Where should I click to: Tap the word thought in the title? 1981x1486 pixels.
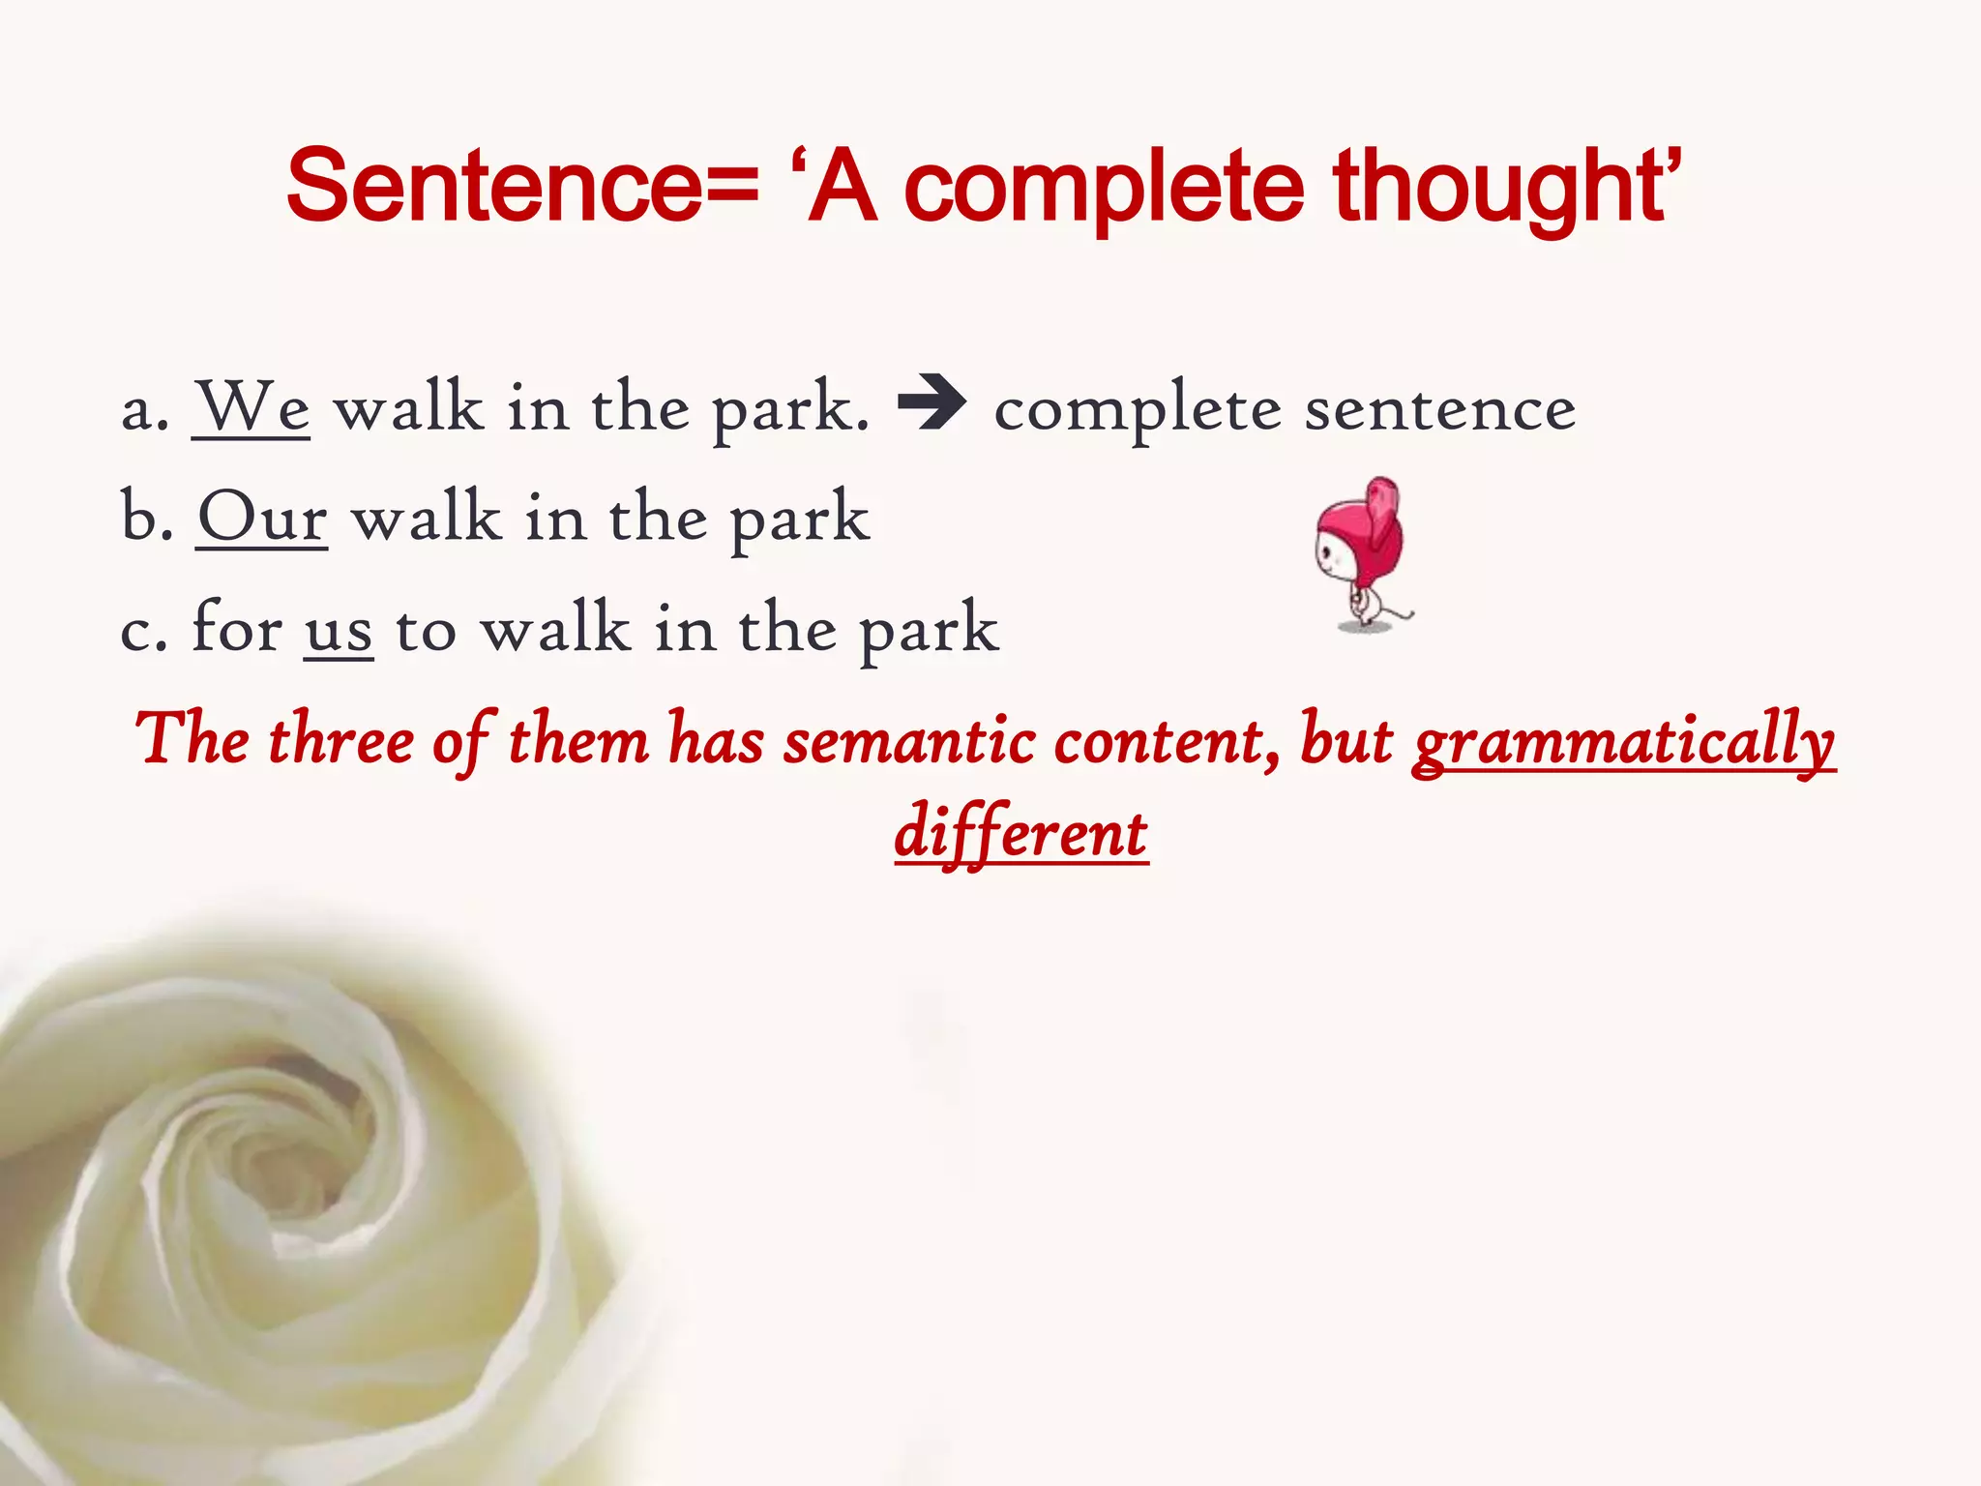pos(1499,189)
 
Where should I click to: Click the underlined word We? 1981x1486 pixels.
pos(251,406)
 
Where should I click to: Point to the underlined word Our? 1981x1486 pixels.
pos(262,517)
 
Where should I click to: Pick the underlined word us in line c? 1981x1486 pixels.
pos(339,629)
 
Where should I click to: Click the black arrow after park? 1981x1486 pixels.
pos(931,404)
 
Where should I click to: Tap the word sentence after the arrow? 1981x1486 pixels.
pos(1440,408)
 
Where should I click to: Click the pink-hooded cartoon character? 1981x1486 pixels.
pos(1362,551)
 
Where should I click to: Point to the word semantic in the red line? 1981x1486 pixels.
pos(909,741)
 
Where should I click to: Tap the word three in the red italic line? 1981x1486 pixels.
pos(340,741)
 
